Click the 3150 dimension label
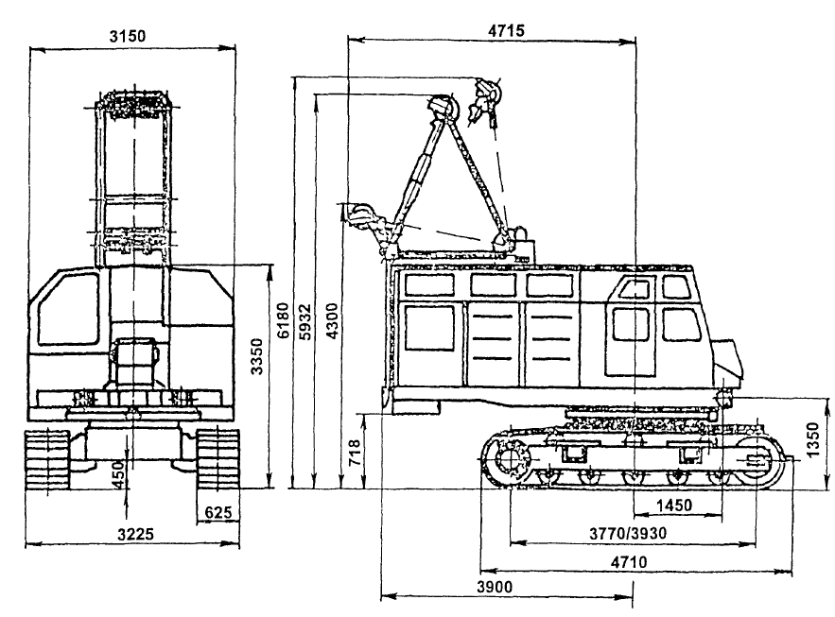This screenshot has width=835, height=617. tap(128, 36)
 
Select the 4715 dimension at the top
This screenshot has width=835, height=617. tap(506, 30)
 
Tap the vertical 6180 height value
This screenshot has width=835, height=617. tap(284, 320)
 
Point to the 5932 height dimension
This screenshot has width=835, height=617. tap(305, 322)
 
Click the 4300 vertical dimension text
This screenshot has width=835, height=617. tap(332, 321)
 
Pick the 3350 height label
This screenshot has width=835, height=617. tap(257, 356)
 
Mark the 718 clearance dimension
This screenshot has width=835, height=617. tap(356, 453)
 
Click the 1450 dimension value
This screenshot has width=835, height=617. tap(673, 505)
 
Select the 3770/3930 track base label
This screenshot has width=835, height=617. tap(628, 533)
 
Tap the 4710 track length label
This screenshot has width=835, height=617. tap(629, 561)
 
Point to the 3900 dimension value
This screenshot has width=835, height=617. tap(495, 587)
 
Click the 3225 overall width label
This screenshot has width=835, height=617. tap(136, 534)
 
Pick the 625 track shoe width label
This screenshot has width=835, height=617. tap(218, 512)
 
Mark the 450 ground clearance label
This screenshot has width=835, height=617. tap(119, 474)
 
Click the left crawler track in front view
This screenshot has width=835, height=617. tap(47, 459)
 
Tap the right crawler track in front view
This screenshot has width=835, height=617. tap(217, 459)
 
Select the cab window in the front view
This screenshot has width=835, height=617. tap(68, 311)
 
